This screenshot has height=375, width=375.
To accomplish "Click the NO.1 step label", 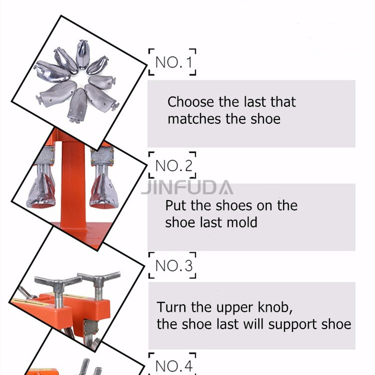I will tap(172, 62).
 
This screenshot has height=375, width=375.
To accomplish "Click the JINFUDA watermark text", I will tap(187, 187).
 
